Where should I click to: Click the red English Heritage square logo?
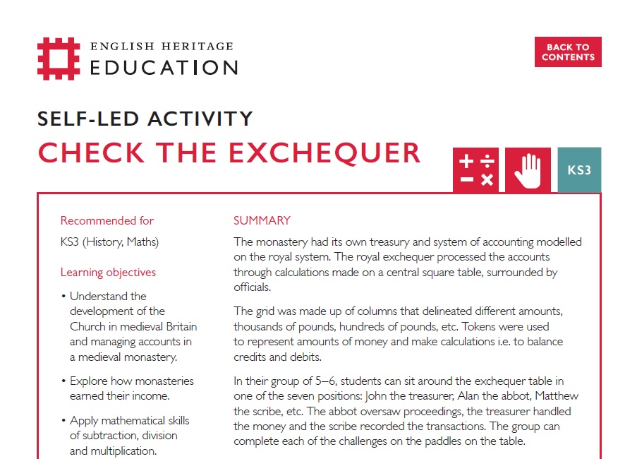(59, 59)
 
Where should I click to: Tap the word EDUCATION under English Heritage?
(164, 68)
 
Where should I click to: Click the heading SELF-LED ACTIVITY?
(145, 118)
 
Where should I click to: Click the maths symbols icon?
(476, 170)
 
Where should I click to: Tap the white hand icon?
(528, 170)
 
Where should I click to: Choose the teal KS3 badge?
(579, 170)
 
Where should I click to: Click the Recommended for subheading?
(107, 220)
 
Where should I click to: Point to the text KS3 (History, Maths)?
(109, 242)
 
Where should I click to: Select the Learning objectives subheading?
(108, 272)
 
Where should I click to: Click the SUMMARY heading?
(262, 220)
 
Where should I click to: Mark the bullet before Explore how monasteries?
(63, 381)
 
